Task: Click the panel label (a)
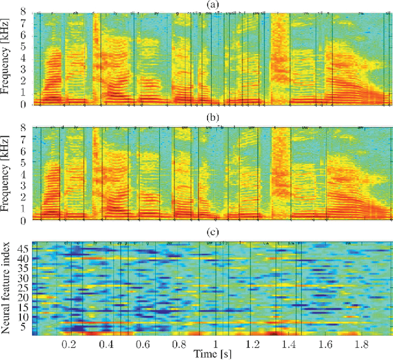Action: (212, 5)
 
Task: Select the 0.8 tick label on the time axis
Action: (179, 343)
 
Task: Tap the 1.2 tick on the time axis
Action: (252, 343)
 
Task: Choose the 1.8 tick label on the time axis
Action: (360, 343)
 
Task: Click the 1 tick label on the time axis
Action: (216, 343)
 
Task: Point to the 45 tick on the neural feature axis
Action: (22, 250)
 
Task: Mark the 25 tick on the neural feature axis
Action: (22, 287)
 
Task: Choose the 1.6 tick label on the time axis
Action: (324, 343)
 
